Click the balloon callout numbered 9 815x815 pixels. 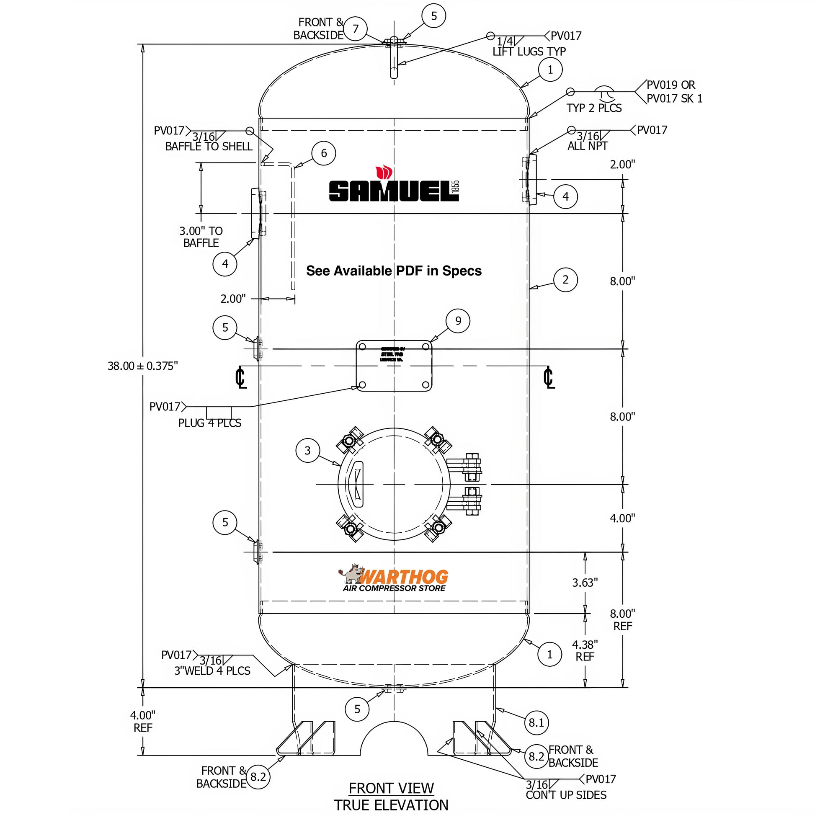(x=458, y=321)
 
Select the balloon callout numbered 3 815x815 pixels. (x=307, y=451)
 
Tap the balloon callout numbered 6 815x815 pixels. (x=324, y=153)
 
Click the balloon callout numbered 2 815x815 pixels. (x=565, y=279)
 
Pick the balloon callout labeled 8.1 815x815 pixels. (x=536, y=722)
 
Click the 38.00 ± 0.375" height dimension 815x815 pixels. (x=142, y=366)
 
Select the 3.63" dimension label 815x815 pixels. (x=585, y=583)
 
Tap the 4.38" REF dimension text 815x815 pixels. (x=585, y=650)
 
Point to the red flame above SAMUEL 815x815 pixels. (x=384, y=173)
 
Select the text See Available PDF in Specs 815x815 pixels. (x=394, y=271)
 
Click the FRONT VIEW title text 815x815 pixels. (x=391, y=788)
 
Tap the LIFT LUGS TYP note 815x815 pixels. (x=529, y=52)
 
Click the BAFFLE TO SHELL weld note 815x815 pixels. (x=209, y=147)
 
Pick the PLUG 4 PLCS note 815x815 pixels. (x=210, y=423)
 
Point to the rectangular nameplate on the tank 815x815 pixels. (x=394, y=366)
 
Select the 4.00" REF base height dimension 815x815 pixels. (x=142, y=721)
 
